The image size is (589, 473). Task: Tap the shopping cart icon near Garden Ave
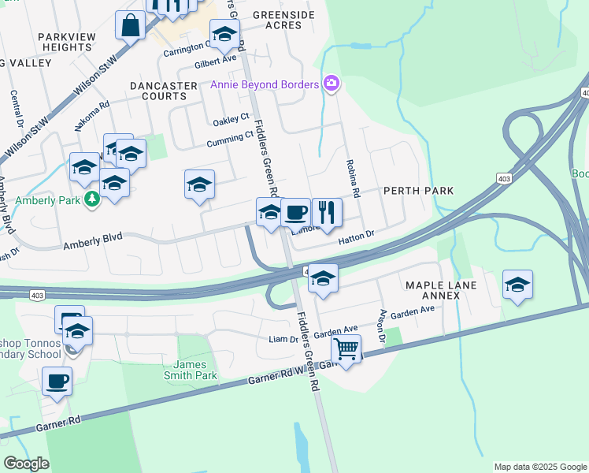pos(346,348)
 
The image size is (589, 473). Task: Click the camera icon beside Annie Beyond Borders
pos(332,84)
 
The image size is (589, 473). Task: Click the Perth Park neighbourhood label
pos(418,191)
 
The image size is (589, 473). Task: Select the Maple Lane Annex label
pos(438,290)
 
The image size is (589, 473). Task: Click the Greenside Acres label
pos(283,20)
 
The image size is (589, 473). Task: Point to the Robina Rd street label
pos(353,181)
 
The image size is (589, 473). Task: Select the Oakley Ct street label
pos(231,122)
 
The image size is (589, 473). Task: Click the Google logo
pos(27,463)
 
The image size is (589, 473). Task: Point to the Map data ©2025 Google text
pos(539,467)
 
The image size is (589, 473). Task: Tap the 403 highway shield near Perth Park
pos(503,180)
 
